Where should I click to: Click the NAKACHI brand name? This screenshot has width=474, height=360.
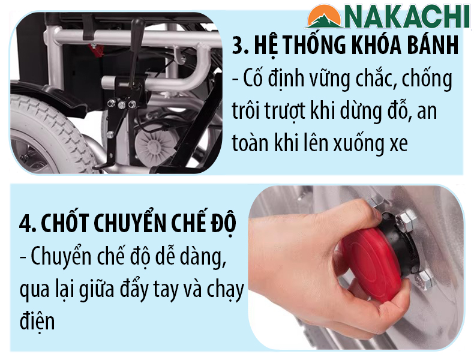coord(407,17)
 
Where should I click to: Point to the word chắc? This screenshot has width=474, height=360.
coord(374,78)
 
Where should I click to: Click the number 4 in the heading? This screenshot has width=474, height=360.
coord(25,224)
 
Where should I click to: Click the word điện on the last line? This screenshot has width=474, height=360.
coord(37,321)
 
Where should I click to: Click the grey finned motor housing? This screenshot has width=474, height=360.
coord(152,145)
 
